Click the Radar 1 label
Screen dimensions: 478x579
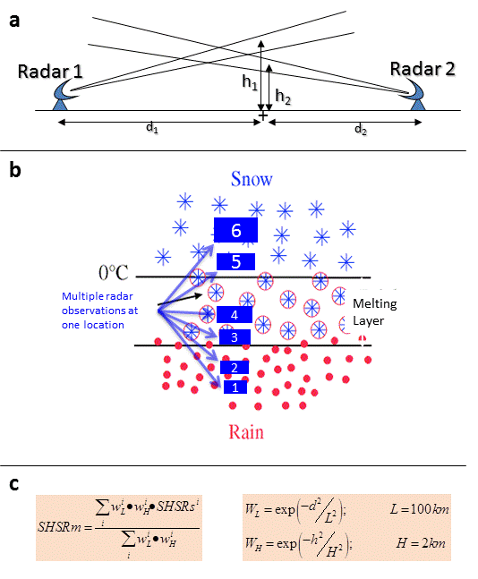pyautogui.click(x=50, y=72)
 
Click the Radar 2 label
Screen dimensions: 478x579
pyautogui.click(x=423, y=69)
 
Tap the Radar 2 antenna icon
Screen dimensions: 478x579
pyautogui.click(x=413, y=95)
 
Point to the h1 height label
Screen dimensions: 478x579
pyautogui.click(x=250, y=81)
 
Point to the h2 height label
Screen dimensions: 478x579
pyautogui.click(x=283, y=97)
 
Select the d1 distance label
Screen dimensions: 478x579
pyautogui.click(x=152, y=128)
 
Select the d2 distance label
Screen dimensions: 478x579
pyautogui.click(x=361, y=129)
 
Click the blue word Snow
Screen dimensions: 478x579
pyautogui.click(x=252, y=179)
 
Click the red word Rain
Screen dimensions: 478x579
pyautogui.click(x=246, y=431)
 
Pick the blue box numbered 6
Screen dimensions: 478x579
pyautogui.click(x=235, y=230)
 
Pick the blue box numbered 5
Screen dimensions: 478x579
pyautogui.click(x=235, y=262)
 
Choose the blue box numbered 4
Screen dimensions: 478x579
pyautogui.click(x=235, y=315)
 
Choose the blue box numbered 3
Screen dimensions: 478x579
pyautogui.click(x=235, y=337)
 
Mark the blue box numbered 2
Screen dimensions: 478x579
pyautogui.click(x=235, y=368)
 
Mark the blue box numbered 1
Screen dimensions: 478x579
pyautogui.click(x=235, y=387)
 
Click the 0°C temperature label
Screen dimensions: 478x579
pyautogui.click(x=114, y=273)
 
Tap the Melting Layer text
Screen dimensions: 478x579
pyautogui.click(x=374, y=312)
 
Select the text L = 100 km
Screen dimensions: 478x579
pyautogui.click(x=420, y=509)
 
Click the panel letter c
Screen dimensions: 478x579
pyautogui.click(x=14, y=484)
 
